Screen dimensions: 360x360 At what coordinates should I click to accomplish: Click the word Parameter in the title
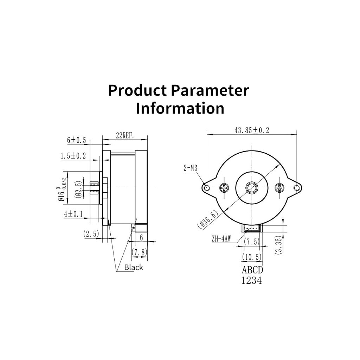(x=210, y=90)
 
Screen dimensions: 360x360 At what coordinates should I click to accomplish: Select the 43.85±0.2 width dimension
(x=252, y=130)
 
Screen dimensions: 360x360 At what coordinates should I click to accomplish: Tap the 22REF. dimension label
(x=125, y=136)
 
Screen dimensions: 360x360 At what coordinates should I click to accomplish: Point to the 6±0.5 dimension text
(x=76, y=140)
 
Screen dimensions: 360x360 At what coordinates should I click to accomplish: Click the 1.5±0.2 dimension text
(x=73, y=156)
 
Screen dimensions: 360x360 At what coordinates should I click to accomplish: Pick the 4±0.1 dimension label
(x=73, y=214)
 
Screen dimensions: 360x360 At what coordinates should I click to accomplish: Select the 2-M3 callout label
(x=190, y=168)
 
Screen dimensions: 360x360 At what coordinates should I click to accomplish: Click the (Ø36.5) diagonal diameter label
(x=207, y=220)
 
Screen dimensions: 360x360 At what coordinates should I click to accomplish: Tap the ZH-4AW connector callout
(x=221, y=239)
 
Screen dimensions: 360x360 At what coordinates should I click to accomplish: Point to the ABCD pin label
(x=252, y=270)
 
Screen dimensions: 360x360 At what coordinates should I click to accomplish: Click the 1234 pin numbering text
(x=251, y=280)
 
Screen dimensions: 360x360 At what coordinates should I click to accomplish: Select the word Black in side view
(x=133, y=267)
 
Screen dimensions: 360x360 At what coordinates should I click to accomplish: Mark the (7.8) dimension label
(x=139, y=252)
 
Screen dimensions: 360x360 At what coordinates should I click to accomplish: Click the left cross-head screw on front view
(x=224, y=188)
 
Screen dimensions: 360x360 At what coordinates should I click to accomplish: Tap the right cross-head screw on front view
(x=279, y=188)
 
